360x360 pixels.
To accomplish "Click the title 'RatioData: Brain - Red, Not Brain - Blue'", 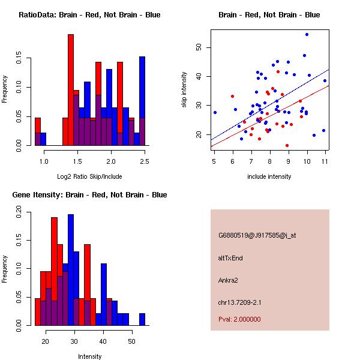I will [x=89, y=15].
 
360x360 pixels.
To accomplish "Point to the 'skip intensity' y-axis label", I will [x=185, y=90].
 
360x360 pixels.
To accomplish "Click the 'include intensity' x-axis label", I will [x=269, y=176].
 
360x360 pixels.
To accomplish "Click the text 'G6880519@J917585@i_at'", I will [x=257, y=235].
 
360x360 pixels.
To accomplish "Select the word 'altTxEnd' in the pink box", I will [x=230, y=258].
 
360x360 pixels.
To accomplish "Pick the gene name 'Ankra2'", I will [x=229, y=280].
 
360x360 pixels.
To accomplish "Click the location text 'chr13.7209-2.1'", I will [x=240, y=301].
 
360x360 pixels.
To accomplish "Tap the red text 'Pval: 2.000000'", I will [x=239, y=319].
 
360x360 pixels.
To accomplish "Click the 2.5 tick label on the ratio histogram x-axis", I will [x=145, y=161].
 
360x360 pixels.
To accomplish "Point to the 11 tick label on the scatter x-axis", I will [x=325, y=161].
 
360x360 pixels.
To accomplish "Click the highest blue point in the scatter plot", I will [x=307, y=35].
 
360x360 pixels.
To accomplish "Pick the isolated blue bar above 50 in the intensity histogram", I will [x=142, y=319].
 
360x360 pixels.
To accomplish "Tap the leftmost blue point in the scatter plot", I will [x=215, y=112].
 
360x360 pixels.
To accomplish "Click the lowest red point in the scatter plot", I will [x=287, y=145].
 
